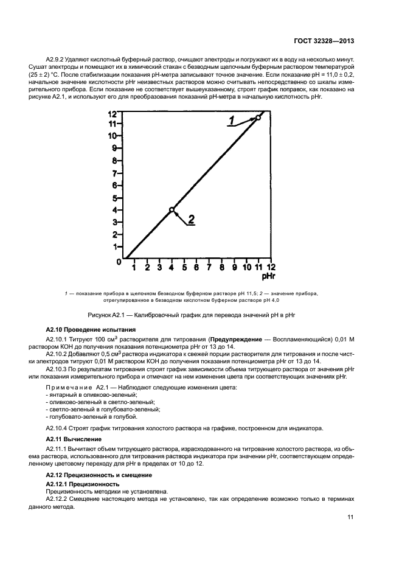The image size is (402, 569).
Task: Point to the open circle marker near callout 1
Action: (x=258, y=117)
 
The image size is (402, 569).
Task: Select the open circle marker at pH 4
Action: (x=172, y=210)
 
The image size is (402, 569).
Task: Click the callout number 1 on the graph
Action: (x=231, y=120)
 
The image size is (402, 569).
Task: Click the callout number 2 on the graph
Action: (x=191, y=220)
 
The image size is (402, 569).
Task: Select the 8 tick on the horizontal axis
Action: (x=221, y=267)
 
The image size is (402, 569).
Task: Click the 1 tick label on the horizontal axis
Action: (x=134, y=267)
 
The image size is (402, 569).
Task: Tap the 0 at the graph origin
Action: (x=119, y=262)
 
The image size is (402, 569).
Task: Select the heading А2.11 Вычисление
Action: (x=74, y=438)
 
